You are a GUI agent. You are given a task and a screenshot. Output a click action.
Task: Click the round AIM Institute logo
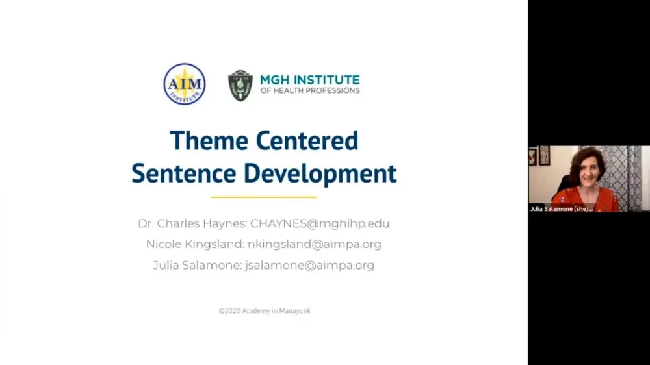pos(185,84)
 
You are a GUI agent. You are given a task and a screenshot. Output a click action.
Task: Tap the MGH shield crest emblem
pos(240,85)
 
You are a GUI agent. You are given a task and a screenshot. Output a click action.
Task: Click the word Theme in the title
pos(209,140)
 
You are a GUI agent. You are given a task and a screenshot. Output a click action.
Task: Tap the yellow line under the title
pos(264,197)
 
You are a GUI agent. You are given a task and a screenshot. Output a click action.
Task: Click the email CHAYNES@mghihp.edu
pos(320,224)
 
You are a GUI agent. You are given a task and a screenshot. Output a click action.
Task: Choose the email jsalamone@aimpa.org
pos(309,266)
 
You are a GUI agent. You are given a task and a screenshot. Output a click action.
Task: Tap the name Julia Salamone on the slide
pos(196,266)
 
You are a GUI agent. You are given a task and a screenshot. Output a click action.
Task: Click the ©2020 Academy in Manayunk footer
pos(265,311)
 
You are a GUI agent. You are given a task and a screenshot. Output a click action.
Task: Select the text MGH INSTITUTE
pos(309,80)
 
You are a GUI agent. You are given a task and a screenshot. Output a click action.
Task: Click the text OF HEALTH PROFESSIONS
pos(309,90)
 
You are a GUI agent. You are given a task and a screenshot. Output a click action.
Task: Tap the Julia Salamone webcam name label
pos(562,208)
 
